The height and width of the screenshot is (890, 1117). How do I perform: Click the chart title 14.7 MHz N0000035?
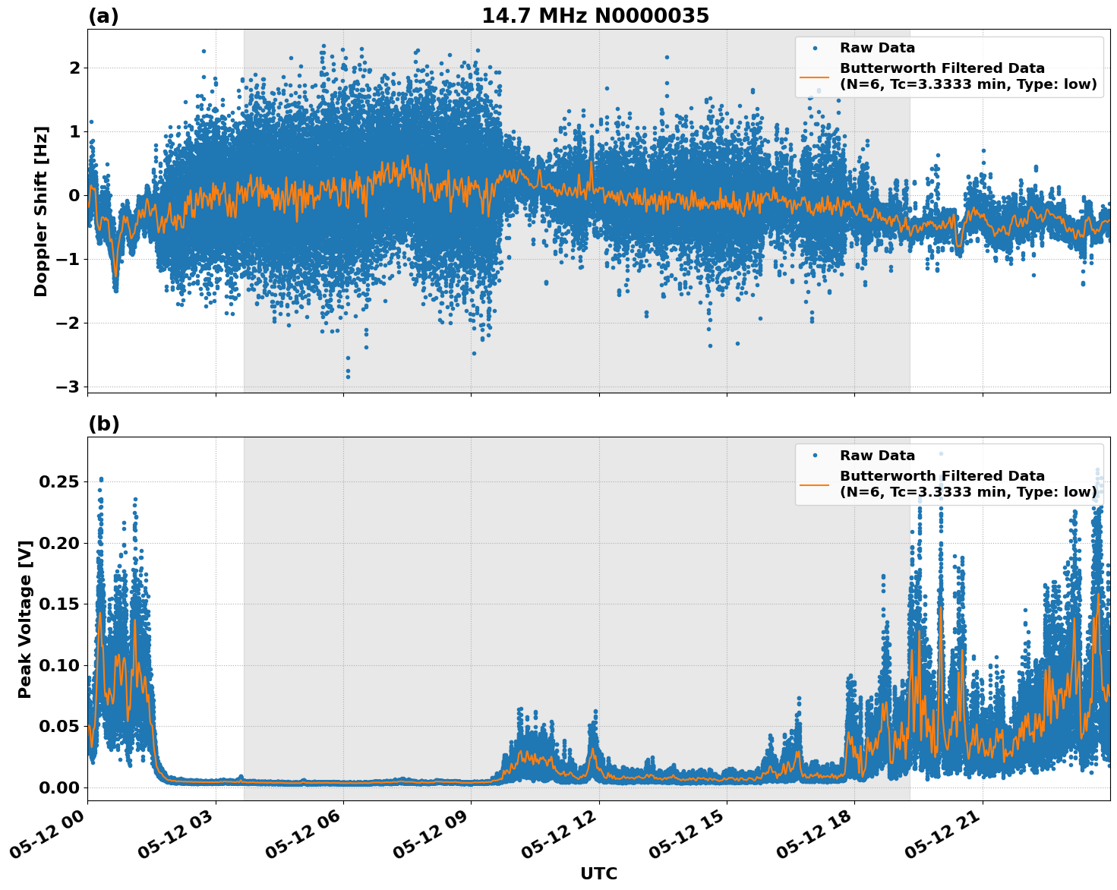point(595,16)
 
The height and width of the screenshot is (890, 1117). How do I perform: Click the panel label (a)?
point(103,16)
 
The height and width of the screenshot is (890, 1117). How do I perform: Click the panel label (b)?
point(103,424)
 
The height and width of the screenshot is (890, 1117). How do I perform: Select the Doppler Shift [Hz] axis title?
point(41,211)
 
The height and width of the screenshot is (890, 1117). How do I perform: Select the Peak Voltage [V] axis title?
point(25,619)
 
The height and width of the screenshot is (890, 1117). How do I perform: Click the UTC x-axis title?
point(598,873)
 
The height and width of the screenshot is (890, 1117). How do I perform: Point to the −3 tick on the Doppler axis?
point(68,387)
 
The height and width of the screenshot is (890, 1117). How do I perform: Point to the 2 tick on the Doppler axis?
point(74,68)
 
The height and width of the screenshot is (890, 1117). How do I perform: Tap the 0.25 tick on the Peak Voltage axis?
point(59,482)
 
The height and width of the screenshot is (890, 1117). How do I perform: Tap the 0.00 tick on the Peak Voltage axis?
point(59,787)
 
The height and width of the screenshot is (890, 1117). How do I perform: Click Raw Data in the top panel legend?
point(877,48)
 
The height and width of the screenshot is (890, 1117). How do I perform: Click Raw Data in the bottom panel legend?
point(877,456)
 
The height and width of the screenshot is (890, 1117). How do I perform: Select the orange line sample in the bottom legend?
point(815,484)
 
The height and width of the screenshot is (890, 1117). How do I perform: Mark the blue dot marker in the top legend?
point(815,48)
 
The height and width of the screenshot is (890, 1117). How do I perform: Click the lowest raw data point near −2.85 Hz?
point(348,377)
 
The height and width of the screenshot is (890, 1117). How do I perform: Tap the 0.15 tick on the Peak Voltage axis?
point(59,604)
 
